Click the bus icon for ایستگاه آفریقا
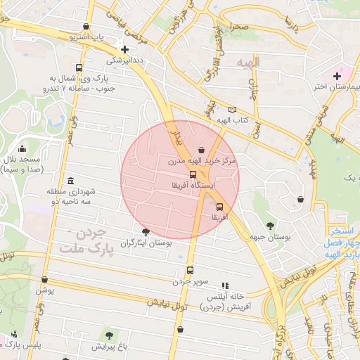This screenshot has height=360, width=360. point(193,174)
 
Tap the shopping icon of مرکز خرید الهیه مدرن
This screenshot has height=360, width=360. point(202,150)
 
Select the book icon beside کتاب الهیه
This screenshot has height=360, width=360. point(233,110)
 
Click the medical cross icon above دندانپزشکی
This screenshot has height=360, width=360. point(124,50)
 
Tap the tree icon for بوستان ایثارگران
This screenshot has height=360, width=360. point(146,232)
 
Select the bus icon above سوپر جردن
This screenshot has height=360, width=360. point(190,271)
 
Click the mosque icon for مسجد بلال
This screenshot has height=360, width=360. point(22,148)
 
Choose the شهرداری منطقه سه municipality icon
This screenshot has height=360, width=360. point(70,181)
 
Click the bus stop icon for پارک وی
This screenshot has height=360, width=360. point(79,68)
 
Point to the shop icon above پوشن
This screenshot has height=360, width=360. point(44,279)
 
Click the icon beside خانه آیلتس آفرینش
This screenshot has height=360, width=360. point(225,285)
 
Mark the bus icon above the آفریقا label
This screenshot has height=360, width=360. point(220,207)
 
